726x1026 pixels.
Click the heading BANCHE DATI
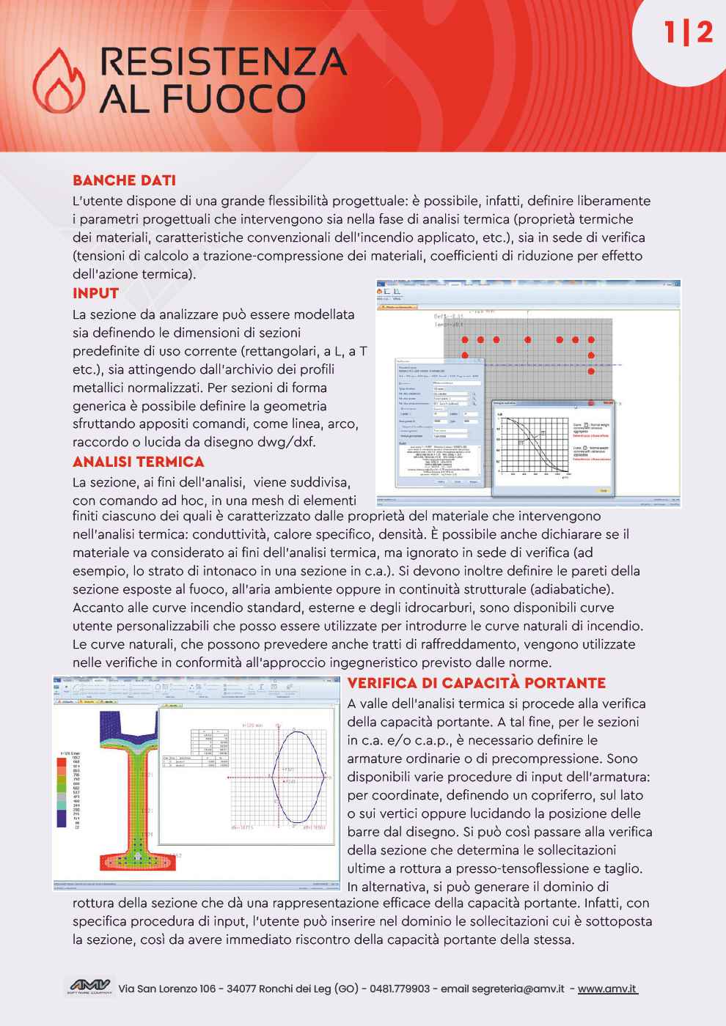click(x=124, y=180)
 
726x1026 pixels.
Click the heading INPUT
click(x=95, y=294)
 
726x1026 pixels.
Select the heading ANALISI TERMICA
click(x=138, y=462)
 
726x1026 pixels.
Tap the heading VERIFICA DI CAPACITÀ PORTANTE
click(x=477, y=683)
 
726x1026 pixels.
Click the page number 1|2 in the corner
click(x=687, y=32)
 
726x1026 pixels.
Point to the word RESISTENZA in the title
click(x=223, y=61)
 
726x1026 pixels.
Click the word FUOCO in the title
click(x=241, y=97)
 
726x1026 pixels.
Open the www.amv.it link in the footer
click(x=607, y=989)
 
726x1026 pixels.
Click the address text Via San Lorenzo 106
click(x=168, y=989)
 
